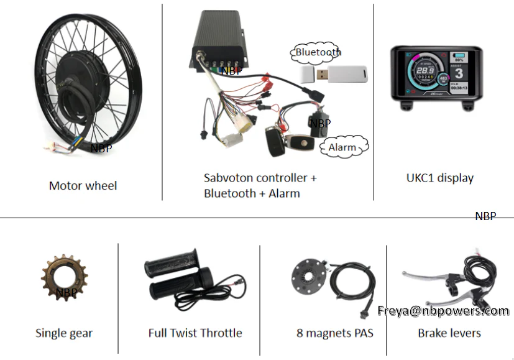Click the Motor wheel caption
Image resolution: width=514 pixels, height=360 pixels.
click(83, 185)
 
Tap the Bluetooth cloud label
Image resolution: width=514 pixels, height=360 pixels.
click(318, 52)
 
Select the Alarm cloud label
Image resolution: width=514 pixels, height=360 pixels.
click(342, 147)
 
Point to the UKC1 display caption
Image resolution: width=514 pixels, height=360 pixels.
click(439, 178)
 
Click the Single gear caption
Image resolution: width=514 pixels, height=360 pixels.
click(64, 333)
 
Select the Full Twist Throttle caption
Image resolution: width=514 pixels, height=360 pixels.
click(195, 333)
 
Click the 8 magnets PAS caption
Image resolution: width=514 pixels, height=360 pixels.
click(335, 333)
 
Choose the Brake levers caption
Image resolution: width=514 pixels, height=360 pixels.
click(449, 333)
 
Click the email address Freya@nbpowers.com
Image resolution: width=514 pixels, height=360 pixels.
click(443, 310)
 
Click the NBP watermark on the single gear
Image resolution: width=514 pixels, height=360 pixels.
click(67, 292)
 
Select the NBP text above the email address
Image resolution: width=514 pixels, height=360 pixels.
click(485, 216)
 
